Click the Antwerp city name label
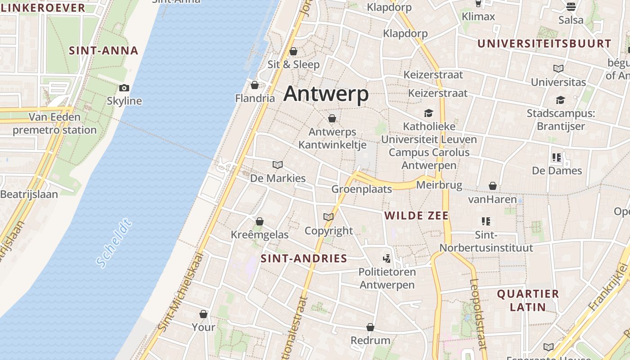point(326,94)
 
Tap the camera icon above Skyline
point(124,88)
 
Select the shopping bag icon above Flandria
point(255,85)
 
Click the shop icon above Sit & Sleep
point(293,51)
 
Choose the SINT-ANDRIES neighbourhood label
point(304,258)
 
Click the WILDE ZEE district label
point(416,216)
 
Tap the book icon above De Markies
point(278,165)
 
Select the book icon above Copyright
point(328,217)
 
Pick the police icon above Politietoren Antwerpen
point(387,258)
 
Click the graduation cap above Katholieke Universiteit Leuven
point(428,113)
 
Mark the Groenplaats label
point(362,189)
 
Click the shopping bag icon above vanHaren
point(493,186)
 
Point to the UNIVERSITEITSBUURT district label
point(544,44)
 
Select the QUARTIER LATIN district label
point(528,301)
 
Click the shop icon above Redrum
point(370,327)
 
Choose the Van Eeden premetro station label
point(54,124)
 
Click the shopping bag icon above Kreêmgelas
point(260,221)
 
